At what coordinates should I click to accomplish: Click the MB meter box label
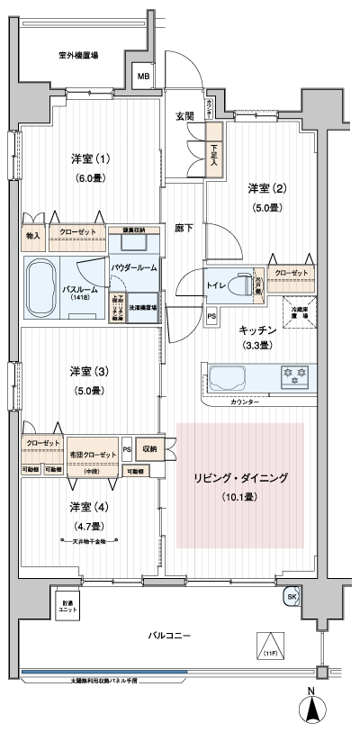coord(144,77)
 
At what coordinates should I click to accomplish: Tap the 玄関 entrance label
coord(184,116)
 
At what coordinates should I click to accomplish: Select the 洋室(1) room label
coord(91,159)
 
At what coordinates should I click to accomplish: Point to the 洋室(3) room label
coord(89,371)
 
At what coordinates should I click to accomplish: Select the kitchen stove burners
coord(292,374)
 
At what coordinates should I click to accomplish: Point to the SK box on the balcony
coord(292,597)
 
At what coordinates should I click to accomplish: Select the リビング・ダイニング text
coord(240,478)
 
